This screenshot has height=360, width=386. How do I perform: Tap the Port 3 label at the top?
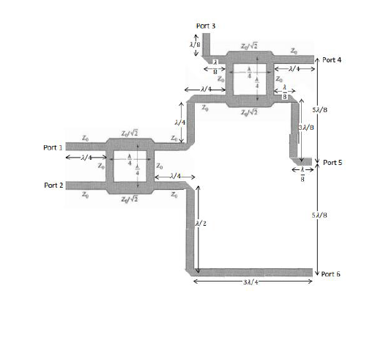pyautogui.click(x=206, y=26)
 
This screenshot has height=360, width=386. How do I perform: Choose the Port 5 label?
pyautogui.click(x=333, y=162)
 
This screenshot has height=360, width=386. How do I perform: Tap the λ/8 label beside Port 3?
pyautogui.click(x=195, y=44)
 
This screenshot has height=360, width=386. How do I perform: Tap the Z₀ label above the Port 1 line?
pyautogui.click(x=86, y=137)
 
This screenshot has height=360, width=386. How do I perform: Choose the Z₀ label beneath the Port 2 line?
pyautogui.click(x=86, y=195)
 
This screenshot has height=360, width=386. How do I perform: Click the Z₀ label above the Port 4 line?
pyautogui.click(x=294, y=50)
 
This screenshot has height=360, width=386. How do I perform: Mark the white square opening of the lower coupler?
pyautogui.click(x=131, y=165)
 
